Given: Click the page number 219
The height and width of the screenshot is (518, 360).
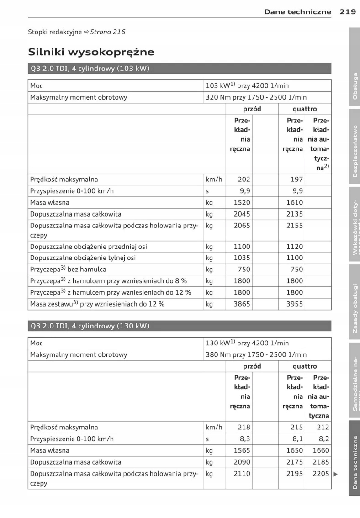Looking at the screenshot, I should point(348,12).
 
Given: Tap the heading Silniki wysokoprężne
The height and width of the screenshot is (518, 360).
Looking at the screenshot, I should point(91,52).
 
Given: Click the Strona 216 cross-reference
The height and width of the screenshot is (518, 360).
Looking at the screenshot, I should point(108,32).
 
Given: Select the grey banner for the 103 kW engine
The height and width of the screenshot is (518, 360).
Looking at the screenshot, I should point(180,69).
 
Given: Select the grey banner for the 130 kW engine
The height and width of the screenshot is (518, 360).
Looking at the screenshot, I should point(180,326).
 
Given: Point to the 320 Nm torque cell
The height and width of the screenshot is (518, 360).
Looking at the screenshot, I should point(256,97).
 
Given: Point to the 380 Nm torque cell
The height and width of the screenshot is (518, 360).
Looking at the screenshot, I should point(256,354).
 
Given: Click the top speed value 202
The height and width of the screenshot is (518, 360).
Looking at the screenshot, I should point(242,180).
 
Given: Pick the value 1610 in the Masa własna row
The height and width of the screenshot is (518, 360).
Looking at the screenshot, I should point(294,202).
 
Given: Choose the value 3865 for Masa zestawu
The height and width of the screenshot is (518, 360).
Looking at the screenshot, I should point(242,304).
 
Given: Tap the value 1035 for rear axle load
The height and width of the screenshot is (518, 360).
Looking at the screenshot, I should point(242,258).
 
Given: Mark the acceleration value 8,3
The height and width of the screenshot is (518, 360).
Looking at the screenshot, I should point(244,439).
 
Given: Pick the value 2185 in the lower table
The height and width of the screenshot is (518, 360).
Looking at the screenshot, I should point(321,462).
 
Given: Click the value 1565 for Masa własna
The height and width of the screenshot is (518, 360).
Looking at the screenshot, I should point(242,450).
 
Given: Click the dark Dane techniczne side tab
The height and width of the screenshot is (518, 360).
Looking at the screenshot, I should point(355,461).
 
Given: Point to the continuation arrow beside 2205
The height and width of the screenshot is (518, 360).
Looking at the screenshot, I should point(335,474).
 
